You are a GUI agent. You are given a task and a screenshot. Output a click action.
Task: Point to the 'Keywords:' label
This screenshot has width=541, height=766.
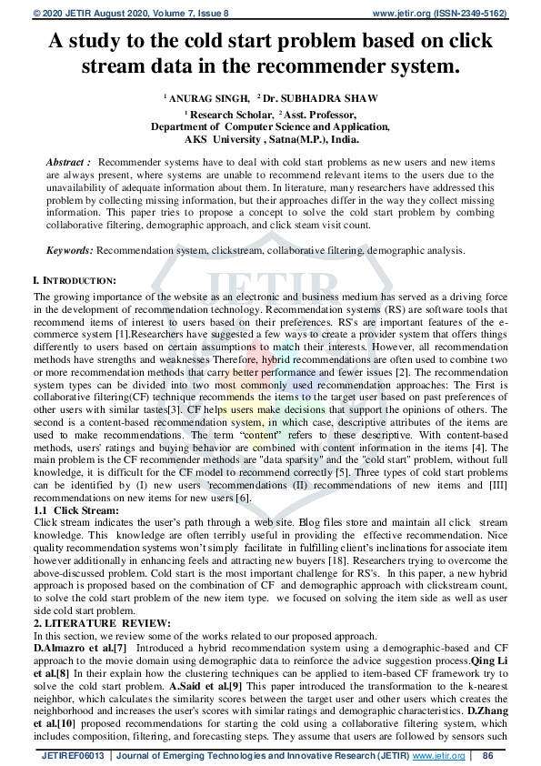pos(70,249)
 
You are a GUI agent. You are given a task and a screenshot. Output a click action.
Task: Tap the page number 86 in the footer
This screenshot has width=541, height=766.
pos(487,756)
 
